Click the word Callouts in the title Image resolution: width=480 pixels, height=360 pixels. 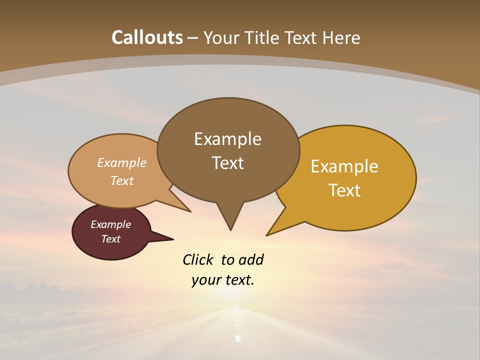click(x=147, y=37)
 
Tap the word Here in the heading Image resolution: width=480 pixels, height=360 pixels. click(x=341, y=37)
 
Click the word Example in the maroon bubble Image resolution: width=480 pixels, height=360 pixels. click(x=110, y=224)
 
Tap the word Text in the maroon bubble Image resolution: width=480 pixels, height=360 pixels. click(x=110, y=239)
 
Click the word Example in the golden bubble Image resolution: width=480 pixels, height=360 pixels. click(x=344, y=166)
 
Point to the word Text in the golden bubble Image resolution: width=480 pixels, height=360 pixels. click(x=344, y=190)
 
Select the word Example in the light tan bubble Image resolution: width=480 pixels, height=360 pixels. click(x=122, y=163)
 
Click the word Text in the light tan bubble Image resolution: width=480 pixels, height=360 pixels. click(x=122, y=180)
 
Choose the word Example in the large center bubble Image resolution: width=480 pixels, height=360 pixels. click(x=227, y=139)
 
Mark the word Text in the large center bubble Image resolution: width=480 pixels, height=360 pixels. click(x=227, y=163)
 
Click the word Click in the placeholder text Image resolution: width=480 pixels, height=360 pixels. click(x=198, y=259)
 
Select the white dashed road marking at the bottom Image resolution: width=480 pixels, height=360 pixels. click(x=237, y=338)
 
